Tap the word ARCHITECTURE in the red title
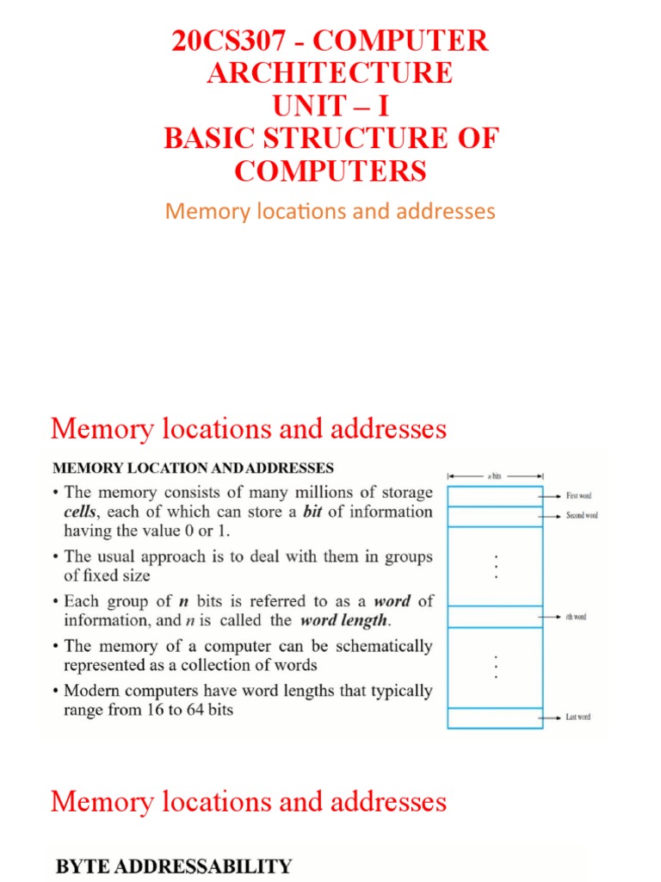[330, 73]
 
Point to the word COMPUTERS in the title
[330, 171]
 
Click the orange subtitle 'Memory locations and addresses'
[330, 211]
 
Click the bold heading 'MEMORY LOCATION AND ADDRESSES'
[194, 469]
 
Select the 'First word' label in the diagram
[578, 496]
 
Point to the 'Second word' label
[581, 515]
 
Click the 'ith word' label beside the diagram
[575, 617]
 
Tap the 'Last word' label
[577, 717]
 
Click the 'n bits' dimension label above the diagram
[495, 475]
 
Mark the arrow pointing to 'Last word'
[552, 717]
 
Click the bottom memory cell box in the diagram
[495, 717]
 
